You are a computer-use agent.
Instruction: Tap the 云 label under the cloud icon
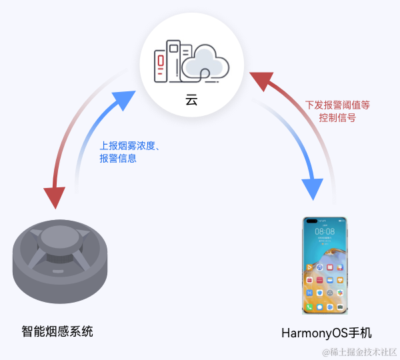pos(191,100)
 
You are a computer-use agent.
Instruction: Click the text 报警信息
pos(118,159)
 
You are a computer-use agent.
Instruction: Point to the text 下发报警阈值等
pos(337,105)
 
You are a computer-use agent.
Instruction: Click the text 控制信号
pos(337,117)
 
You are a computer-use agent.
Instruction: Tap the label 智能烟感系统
pos(57,331)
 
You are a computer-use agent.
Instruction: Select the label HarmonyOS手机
pos(326,332)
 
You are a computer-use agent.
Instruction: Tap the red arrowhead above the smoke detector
pos(54,197)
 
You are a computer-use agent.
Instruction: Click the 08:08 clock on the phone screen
pos(325,231)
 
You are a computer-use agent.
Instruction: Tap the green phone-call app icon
pos(309,307)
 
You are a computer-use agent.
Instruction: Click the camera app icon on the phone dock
pos(340,307)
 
